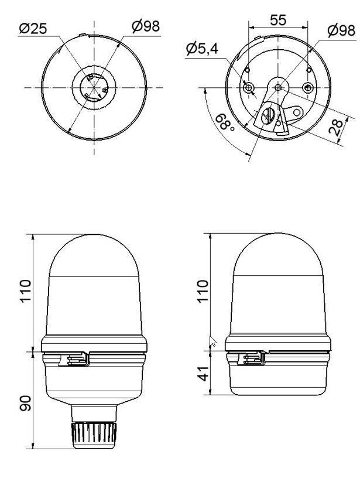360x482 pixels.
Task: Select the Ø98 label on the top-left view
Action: (x=145, y=26)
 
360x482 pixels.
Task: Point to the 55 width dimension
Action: (x=278, y=19)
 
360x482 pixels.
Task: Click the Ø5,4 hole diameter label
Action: (x=202, y=49)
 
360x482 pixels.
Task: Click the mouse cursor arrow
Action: (x=213, y=341)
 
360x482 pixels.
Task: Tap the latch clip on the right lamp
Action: (x=254, y=358)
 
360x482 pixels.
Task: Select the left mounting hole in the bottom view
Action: (x=250, y=88)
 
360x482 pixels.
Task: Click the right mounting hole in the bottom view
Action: (x=306, y=88)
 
